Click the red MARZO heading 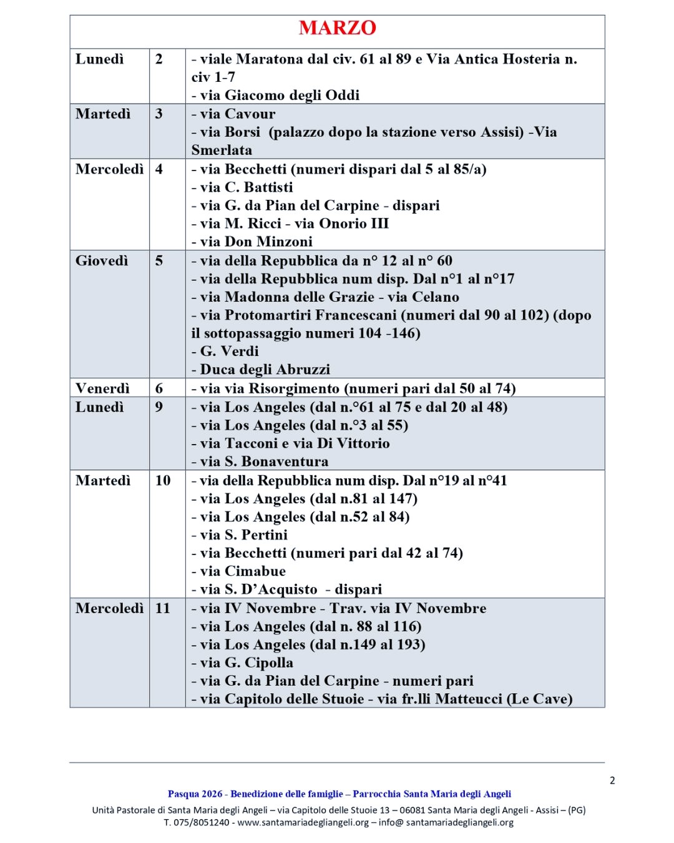click(x=337, y=28)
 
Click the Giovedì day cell click(x=102, y=261)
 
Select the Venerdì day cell click(x=102, y=388)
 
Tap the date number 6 click(x=159, y=388)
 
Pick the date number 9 click(x=159, y=407)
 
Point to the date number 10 click(x=163, y=480)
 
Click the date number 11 click(x=163, y=608)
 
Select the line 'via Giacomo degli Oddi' click(x=275, y=95)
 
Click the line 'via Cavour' click(x=233, y=114)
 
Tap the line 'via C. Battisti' click(x=242, y=187)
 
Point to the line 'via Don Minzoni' click(x=252, y=242)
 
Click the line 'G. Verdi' click(x=225, y=351)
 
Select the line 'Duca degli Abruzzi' click(x=261, y=369)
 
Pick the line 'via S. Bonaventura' click(x=260, y=461)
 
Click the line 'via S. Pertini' click(x=240, y=535)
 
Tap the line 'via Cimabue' click(x=238, y=571)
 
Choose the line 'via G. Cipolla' click(x=242, y=663)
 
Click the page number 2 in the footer click(x=612, y=781)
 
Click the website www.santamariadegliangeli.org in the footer click(x=303, y=822)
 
